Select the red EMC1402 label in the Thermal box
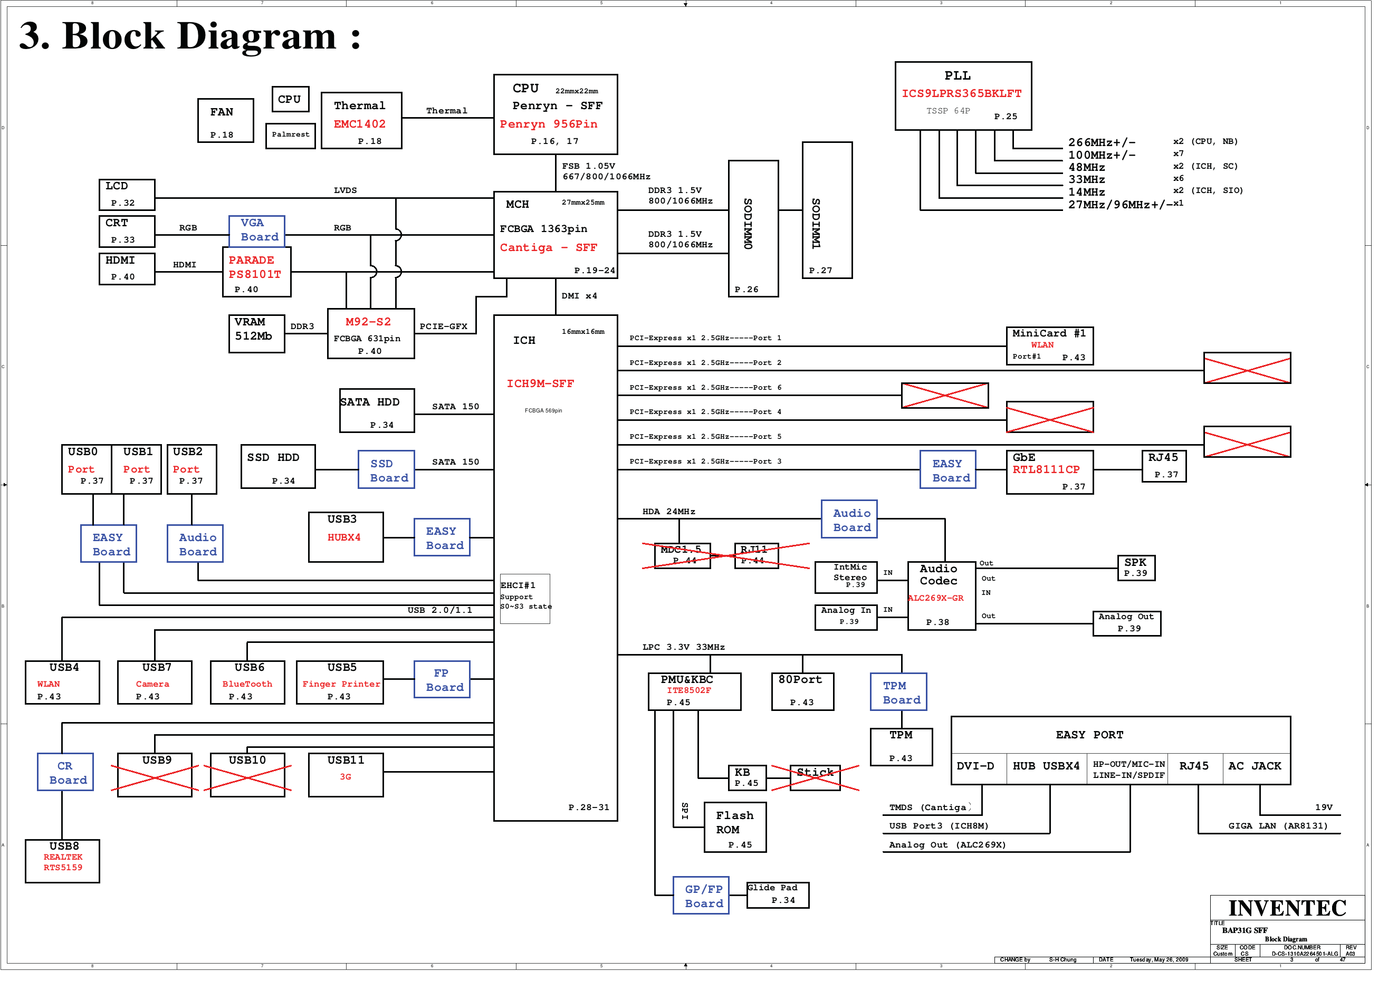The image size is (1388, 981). (363, 126)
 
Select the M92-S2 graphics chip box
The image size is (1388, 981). (375, 337)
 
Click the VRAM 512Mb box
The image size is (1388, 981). (260, 337)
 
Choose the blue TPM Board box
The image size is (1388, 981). (908, 700)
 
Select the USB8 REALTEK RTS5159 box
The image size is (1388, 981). (63, 871)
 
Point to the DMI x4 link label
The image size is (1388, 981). (585, 299)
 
